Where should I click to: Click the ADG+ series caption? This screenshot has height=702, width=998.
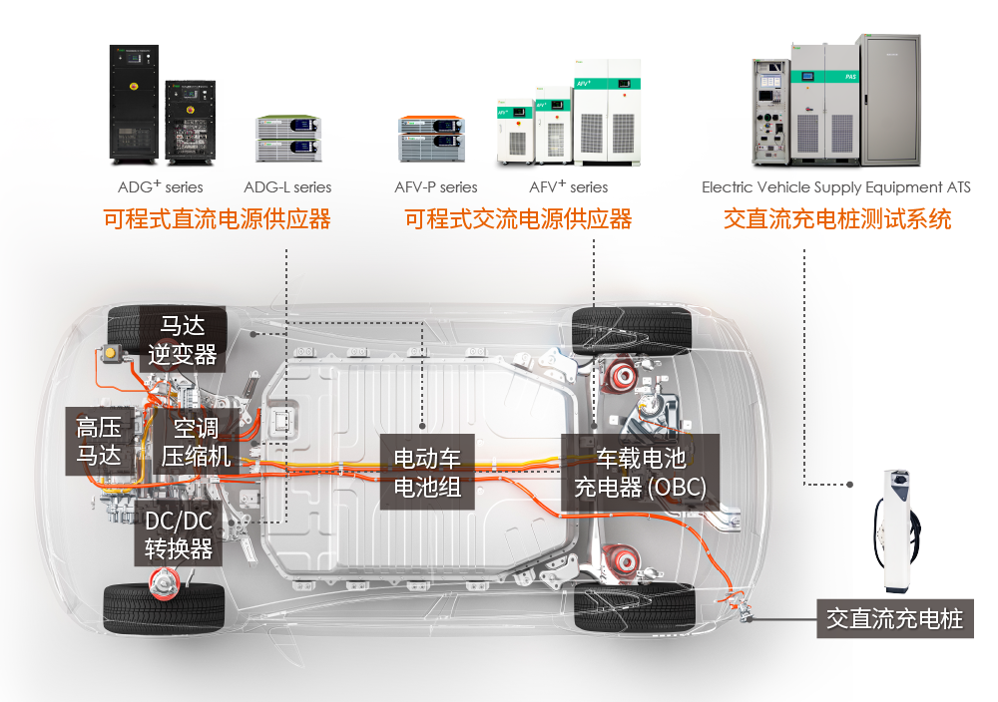point(160,187)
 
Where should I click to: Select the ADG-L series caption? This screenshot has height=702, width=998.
point(287,187)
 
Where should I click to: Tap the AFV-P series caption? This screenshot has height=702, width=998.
point(436,187)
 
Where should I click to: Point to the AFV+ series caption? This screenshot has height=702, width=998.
point(568,187)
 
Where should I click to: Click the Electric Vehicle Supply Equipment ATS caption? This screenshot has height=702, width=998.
point(835,187)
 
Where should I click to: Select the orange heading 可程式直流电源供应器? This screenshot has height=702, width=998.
point(217,219)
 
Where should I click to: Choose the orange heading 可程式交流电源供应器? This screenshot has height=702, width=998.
point(518,219)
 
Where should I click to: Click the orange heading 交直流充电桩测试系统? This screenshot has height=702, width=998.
point(837,219)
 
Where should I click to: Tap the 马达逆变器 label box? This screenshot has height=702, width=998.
point(182,340)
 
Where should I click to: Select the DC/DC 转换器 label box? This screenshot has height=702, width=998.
point(179,535)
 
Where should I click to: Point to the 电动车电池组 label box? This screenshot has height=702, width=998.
point(427,472)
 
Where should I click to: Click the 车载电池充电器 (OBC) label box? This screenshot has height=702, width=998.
point(640,472)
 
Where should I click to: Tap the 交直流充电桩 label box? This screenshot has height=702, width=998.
point(894,618)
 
